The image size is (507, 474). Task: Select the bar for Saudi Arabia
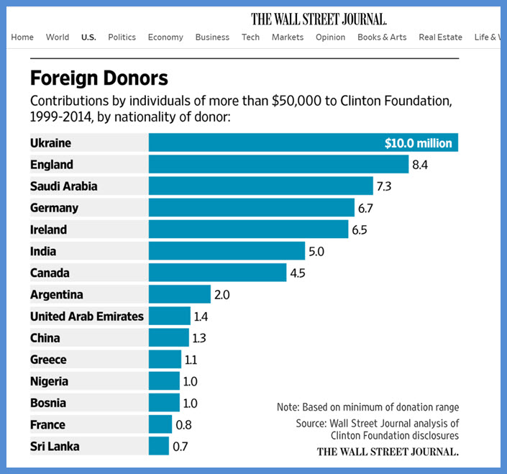coord(260,186)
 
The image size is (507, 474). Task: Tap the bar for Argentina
coord(180,294)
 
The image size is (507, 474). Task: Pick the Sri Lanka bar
coord(159,446)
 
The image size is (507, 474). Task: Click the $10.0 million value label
coord(418,143)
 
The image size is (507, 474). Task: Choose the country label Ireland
coord(48,229)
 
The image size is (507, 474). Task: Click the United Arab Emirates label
coord(86,316)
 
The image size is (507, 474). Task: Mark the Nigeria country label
coord(49,381)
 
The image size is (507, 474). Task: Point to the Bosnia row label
coord(47,403)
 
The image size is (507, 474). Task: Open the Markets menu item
coord(288,37)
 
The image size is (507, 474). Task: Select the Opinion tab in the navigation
coord(330,37)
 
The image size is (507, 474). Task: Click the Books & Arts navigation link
coord(382,37)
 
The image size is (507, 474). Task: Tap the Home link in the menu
coord(22,37)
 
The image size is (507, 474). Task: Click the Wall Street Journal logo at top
coord(319,19)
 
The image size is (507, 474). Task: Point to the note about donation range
coord(367,407)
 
